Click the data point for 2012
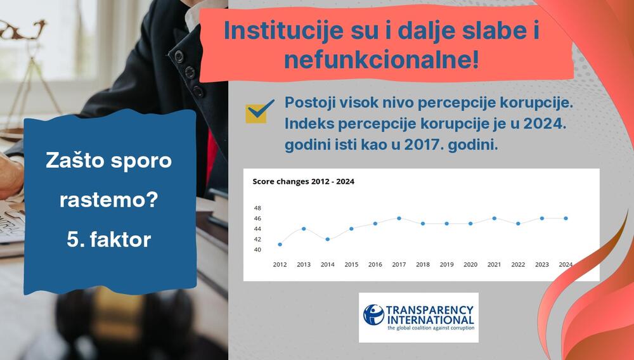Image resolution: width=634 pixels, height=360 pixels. [280, 245]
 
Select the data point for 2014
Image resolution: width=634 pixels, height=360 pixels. [328, 239]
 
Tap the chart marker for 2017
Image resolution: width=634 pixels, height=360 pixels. [399, 218]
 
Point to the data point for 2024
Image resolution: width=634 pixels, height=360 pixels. [566, 218]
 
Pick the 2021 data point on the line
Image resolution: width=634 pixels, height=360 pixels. [494, 218]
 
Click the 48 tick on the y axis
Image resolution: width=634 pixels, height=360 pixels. [257, 208]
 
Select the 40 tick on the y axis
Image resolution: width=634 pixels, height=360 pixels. [257, 250]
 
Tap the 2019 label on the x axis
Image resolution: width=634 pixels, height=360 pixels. [446, 264]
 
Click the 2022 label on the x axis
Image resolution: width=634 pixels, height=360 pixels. [518, 264]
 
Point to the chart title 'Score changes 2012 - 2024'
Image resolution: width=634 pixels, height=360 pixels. [303, 182]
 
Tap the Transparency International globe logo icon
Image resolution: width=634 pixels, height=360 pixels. [373, 315]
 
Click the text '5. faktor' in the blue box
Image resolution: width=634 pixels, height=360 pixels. [108, 240]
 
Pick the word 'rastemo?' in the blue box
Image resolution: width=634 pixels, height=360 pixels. [108, 201]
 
